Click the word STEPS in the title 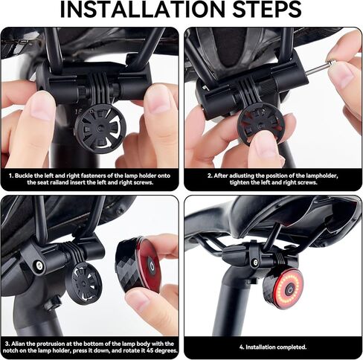[263, 11]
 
